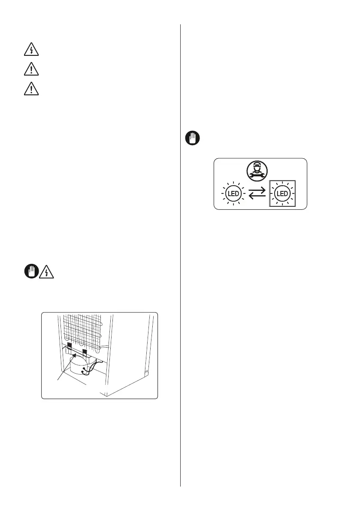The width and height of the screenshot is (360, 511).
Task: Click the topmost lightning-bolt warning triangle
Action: [x=31, y=50]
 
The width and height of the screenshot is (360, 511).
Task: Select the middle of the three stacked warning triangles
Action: [x=31, y=69]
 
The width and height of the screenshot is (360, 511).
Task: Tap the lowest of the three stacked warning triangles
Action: [x=31, y=88]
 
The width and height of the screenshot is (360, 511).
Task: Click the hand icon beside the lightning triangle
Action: [x=30, y=272]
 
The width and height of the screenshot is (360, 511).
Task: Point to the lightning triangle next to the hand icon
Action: [x=46, y=272]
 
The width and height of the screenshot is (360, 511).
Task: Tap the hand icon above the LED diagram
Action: [x=193, y=139]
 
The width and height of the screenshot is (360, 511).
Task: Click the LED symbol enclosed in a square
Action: [x=283, y=194]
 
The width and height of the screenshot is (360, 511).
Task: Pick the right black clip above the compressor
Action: [x=85, y=353]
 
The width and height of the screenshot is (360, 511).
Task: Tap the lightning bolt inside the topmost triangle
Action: [x=31, y=51]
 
